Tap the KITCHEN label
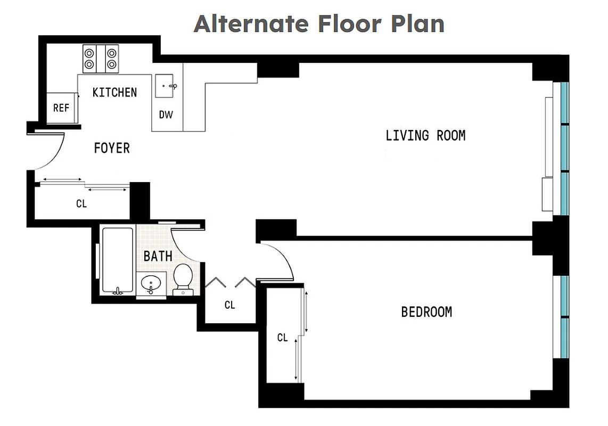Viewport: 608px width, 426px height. tap(114, 92)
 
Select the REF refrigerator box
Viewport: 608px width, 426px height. tap(61, 108)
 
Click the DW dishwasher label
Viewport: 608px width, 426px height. tap(166, 114)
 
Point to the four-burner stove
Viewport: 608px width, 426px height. tap(101, 59)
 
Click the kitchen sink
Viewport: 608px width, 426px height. tap(166, 86)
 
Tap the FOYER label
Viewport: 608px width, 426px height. tap(112, 148)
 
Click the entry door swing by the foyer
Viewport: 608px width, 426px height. tap(51, 152)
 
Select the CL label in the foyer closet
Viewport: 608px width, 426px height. tap(81, 203)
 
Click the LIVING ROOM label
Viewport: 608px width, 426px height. tap(425, 135)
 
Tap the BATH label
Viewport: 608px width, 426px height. tap(158, 256)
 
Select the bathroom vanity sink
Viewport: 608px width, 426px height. tap(151, 282)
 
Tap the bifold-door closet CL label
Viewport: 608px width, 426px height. tap(229, 305)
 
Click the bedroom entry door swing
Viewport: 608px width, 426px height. tap(280, 261)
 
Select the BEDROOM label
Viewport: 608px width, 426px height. tap(426, 312)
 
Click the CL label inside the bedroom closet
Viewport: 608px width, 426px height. tap(282, 338)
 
